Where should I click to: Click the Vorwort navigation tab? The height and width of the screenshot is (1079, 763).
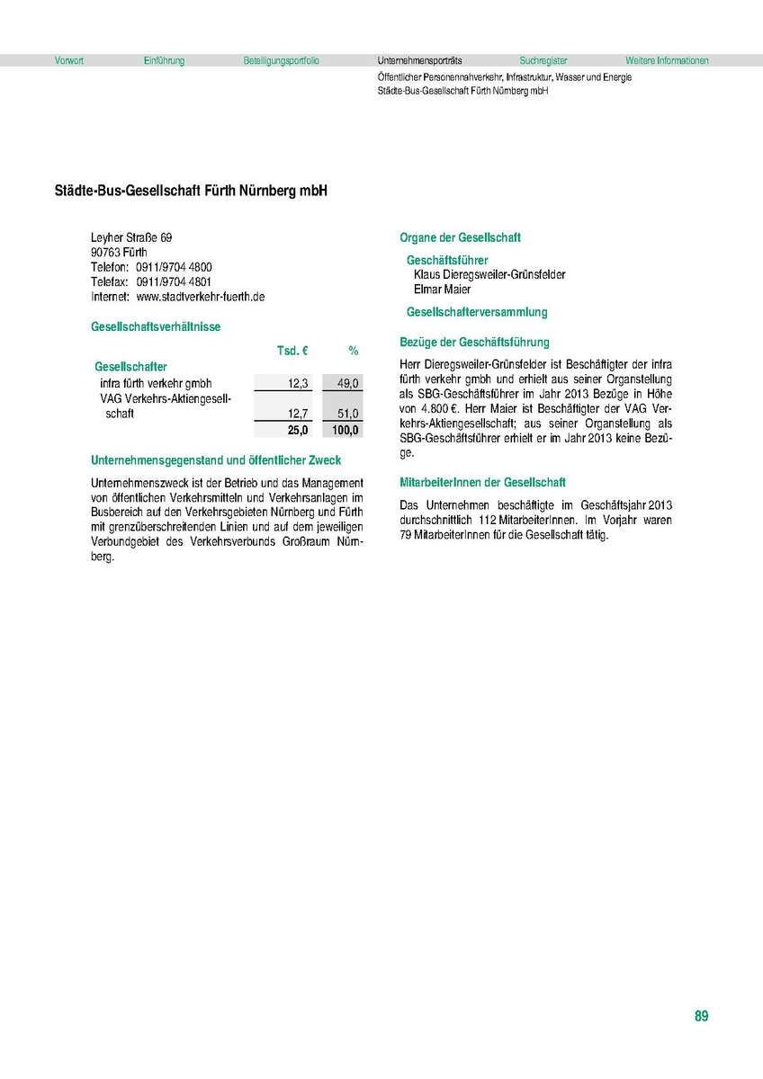click(69, 61)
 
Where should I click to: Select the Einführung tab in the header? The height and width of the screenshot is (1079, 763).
click(164, 61)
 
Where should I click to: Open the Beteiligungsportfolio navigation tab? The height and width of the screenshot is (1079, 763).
click(281, 61)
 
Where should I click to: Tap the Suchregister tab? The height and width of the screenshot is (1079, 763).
click(543, 61)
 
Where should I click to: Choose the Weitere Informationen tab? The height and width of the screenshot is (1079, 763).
click(667, 61)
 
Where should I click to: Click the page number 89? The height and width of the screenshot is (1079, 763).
click(701, 1016)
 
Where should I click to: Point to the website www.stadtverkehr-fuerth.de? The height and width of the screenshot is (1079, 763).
click(200, 297)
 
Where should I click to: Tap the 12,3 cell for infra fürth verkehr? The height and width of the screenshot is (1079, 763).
click(298, 384)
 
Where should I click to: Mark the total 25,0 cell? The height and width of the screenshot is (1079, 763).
click(298, 430)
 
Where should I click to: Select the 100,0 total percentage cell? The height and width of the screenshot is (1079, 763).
click(346, 430)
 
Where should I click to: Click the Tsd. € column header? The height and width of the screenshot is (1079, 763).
click(292, 350)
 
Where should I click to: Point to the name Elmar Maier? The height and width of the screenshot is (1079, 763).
click(442, 290)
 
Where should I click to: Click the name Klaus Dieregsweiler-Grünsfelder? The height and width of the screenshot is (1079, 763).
click(489, 275)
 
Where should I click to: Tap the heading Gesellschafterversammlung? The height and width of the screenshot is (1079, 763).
click(477, 313)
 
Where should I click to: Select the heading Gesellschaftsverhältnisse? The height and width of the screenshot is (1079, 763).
click(156, 327)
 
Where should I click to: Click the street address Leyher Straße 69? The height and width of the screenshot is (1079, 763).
click(131, 238)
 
